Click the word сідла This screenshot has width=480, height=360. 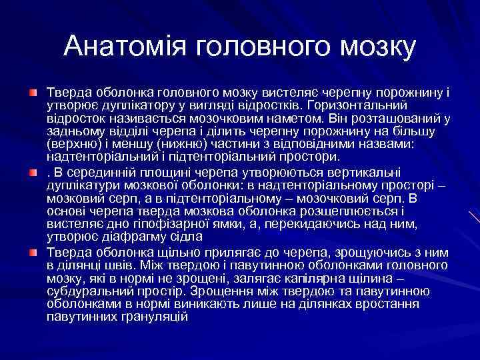175,237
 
